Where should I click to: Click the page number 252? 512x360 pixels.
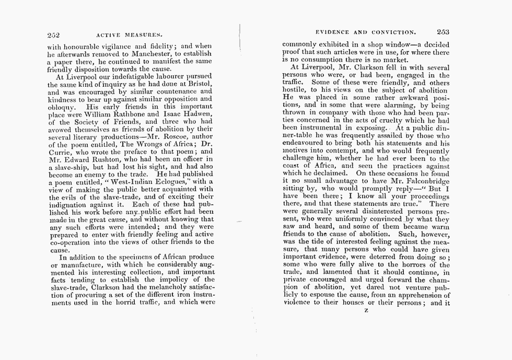click(53, 36)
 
